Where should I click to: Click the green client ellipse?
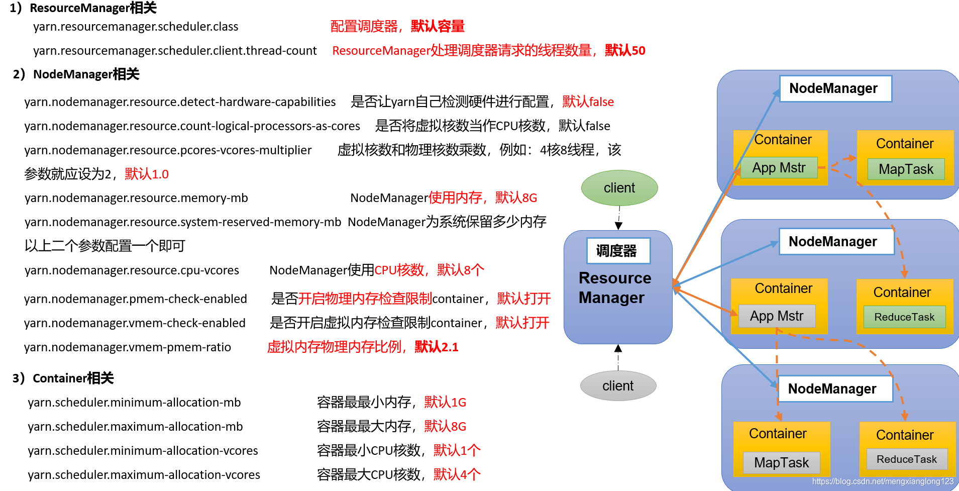click(x=619, y=188)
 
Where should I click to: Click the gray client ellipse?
click(x=618, y=386)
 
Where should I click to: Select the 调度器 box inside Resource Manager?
click(x=618, y=250)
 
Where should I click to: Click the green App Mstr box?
click(x=779, y=168)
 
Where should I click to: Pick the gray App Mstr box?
click(x=777, y=316)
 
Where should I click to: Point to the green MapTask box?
click(x=906, y=169)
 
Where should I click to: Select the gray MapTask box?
click(x=781, y=462)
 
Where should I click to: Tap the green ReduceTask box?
click(x=904, y=317)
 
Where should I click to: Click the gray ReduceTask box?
click(x=907, y=459)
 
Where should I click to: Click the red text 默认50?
click(x=625, y=50)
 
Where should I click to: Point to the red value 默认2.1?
click(x=436, y=347)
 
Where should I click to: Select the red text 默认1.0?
click(x=147, y=174)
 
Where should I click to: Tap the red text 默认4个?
click(x=457, y=474)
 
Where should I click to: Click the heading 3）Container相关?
click(x=63, y=378)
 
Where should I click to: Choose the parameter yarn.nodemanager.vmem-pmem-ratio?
click(x=128, y=347)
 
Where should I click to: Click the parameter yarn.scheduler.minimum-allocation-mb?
click(x=134, y=402)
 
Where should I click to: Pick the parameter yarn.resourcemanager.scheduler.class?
click(x=136, y=27)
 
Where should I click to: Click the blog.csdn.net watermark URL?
click(x=883, y=481)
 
